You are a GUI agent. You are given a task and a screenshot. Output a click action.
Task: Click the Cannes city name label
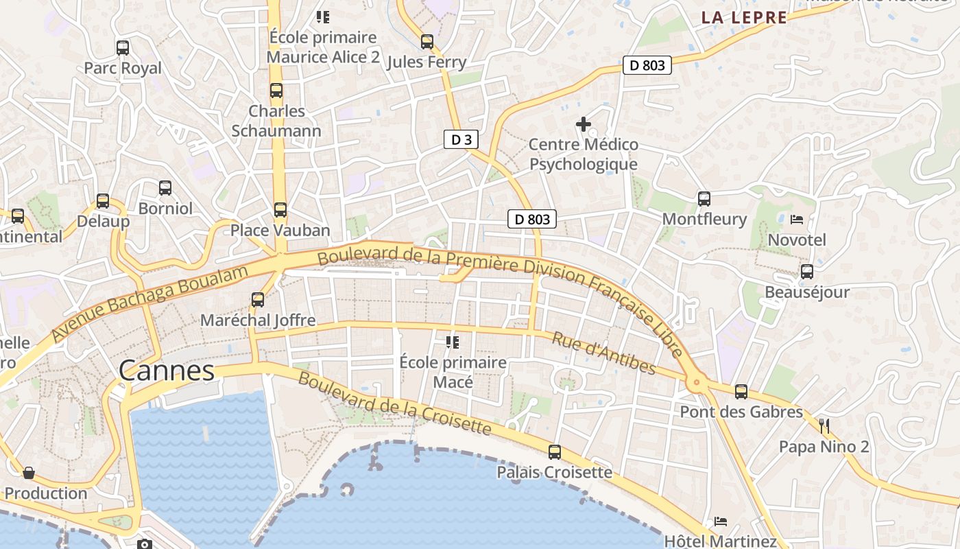coord(167,371)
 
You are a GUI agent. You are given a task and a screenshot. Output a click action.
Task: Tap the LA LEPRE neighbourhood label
coord(744,18)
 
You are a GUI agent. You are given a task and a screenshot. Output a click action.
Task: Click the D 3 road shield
coord(461,140)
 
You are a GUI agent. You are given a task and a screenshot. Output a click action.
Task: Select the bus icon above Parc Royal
coord(123,48)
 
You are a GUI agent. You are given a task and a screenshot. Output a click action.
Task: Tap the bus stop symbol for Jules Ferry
coord(427,42)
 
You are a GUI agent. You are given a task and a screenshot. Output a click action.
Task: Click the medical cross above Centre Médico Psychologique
coord(584,124)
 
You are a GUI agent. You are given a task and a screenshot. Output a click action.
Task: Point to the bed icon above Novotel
coord(797,220)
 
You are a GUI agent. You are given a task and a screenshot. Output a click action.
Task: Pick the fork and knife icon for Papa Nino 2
coord(824,426)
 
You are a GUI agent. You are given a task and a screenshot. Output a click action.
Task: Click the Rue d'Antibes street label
coord(603,353)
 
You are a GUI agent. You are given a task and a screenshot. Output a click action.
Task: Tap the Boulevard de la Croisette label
coord(394,404)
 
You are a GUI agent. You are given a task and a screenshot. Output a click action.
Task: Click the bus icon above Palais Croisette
coord(554,452)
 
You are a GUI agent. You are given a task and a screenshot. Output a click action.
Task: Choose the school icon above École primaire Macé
coord(453,342)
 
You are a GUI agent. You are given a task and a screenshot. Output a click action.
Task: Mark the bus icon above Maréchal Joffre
coord(258,300)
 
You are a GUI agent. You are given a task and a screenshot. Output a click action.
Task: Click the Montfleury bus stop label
coord(704,219)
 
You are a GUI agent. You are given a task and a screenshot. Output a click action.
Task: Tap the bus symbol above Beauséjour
coord(807,272)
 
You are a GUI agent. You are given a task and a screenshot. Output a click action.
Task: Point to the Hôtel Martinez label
coord(720,541)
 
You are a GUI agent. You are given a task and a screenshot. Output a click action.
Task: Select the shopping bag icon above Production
coord(29,473)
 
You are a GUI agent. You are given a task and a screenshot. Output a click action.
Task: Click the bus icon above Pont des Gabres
coord(741,392)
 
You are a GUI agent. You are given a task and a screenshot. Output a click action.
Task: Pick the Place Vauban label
coord(280,230)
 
